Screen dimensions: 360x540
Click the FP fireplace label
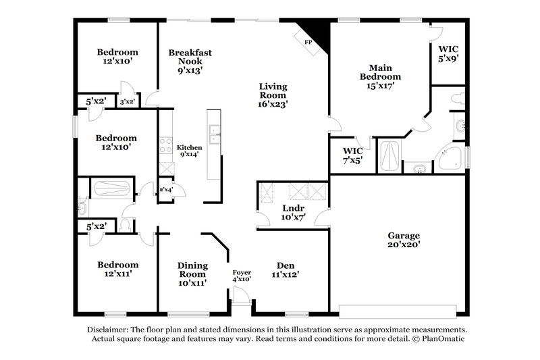pos(308,42)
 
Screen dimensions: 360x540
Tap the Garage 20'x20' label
pos(404,240)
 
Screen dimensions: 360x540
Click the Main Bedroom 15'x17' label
pos(380,76)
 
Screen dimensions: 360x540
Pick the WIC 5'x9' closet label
pos(448,53)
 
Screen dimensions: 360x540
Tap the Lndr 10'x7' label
pos(293,213)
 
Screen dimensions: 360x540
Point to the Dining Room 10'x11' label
pos(192,274)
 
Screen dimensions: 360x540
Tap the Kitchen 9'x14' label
pos(189,151)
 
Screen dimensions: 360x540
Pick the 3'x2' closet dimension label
pos(127,102)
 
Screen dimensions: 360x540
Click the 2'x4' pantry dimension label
pos(165,190)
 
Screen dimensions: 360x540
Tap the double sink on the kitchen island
pos(214,135)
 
